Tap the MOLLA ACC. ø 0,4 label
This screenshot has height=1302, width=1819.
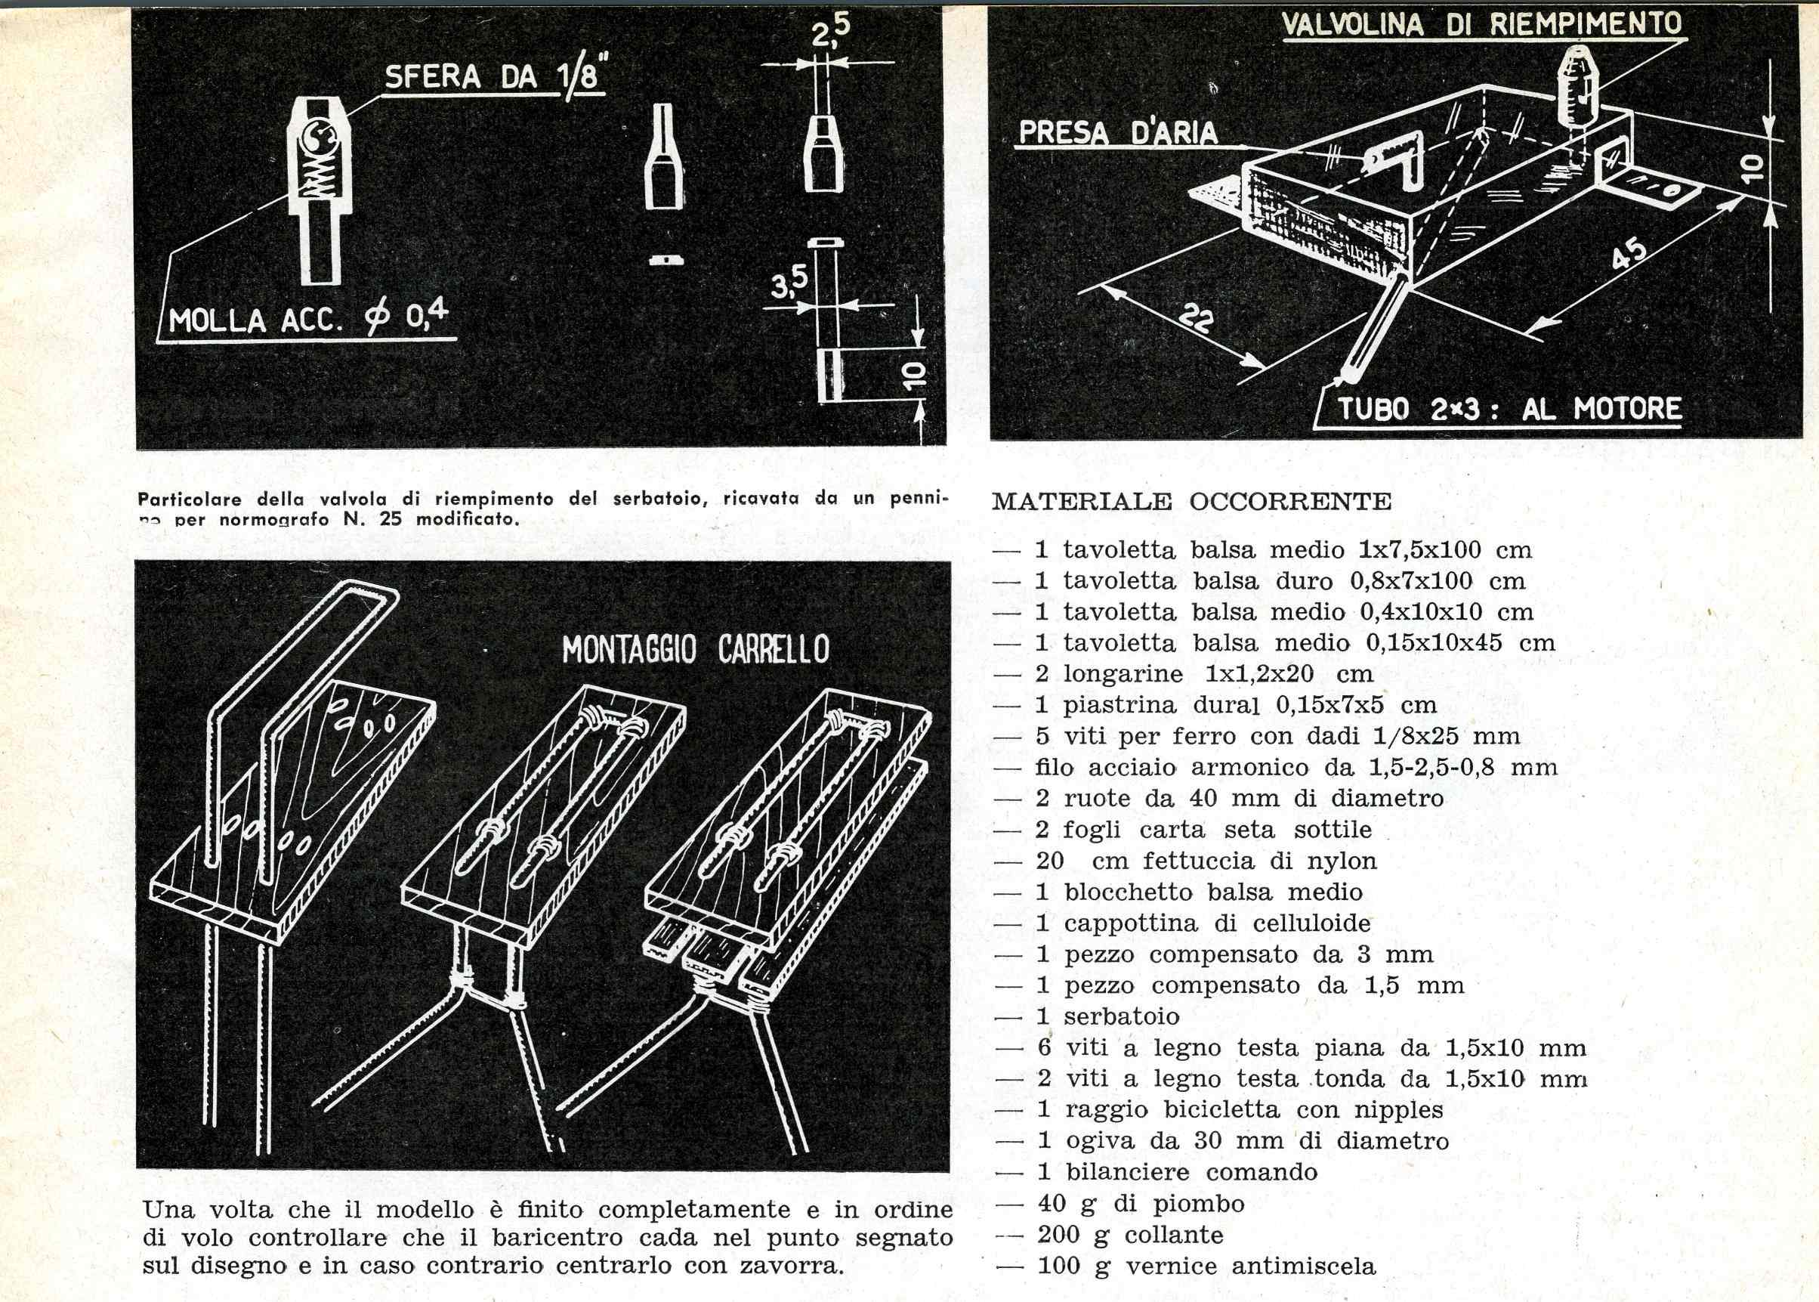307,320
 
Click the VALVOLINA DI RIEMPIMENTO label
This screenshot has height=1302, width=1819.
1481,24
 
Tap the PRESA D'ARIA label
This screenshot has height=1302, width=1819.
1118,133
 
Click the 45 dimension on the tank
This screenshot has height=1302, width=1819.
1629,255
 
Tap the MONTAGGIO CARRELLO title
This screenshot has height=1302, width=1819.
696,650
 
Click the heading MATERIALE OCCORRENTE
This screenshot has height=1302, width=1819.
1191,502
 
